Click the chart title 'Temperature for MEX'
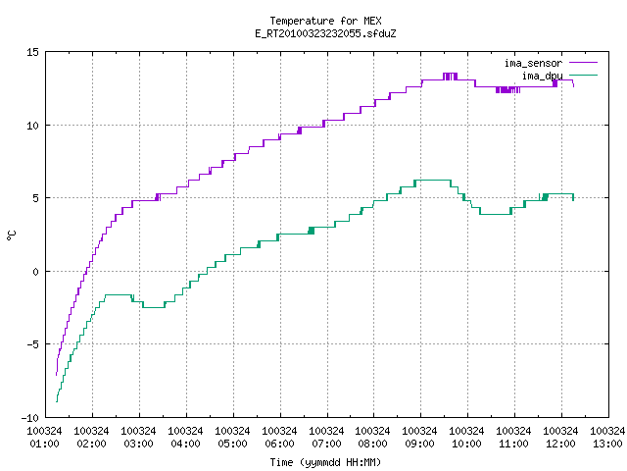[325, 21]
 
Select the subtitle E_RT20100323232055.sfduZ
[325, 33]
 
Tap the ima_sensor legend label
[533, 63]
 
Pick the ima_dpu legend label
[542, 76]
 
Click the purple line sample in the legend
[584, 63]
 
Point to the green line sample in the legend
[584, 75]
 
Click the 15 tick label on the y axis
[32, 52]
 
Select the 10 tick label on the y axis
[32, 126]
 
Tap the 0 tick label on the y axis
[35, 272]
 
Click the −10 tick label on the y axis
[30, 418]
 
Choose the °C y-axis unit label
[11, 235]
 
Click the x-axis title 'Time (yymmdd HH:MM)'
[325, 462]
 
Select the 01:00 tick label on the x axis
[44, 444]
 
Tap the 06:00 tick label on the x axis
[279, 444]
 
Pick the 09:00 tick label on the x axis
[419, 444]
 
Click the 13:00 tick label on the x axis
[607, 444]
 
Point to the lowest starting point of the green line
[57, 401]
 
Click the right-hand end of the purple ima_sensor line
[574, 86]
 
